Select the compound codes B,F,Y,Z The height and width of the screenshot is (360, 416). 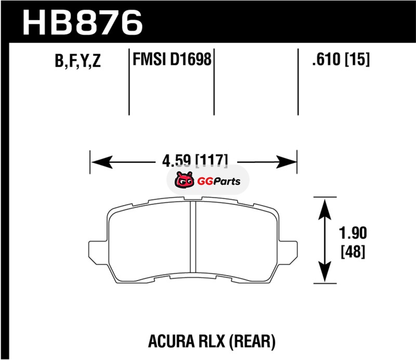point(77,61)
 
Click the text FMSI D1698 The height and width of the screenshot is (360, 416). point(172,59)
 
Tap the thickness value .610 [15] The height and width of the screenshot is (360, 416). point(341,59)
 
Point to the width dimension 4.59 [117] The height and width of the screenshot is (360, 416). point(195,160)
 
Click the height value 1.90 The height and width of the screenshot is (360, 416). point(353,233)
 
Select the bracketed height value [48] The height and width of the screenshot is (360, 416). point(353,251)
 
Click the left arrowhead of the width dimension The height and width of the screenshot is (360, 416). point(101,162)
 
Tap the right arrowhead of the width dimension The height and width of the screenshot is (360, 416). point(285,162)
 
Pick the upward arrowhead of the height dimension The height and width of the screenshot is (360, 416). point(325,210)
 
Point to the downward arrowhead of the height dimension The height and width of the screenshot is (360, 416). point(325,272)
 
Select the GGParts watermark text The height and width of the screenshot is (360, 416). point(219,182)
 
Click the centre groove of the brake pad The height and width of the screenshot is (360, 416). point(193,237)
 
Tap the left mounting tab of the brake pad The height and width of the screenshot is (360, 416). point(98,250)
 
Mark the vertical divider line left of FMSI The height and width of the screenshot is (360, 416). point(129,82)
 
